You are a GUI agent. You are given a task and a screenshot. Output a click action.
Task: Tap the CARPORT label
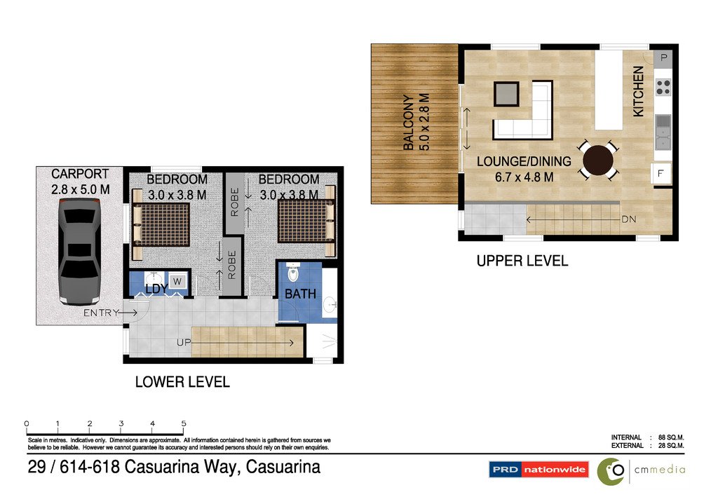80,174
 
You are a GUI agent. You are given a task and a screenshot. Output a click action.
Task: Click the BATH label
300,294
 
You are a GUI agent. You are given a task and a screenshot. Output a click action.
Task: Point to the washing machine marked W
177,282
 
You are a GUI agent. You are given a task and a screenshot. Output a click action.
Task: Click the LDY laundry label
156,289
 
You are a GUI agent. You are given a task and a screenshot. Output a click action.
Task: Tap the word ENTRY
101,313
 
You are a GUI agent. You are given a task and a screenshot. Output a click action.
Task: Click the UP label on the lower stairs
183,343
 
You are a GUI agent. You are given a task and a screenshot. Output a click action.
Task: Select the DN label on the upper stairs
629,219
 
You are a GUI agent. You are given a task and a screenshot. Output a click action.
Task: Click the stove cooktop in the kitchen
663,87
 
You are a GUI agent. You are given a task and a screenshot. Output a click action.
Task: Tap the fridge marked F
661,172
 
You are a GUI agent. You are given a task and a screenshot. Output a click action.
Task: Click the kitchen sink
663,132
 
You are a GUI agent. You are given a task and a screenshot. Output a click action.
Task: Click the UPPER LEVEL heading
522,261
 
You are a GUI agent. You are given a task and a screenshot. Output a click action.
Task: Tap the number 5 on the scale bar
184,423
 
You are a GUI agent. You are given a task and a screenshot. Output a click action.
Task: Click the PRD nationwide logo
538,470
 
